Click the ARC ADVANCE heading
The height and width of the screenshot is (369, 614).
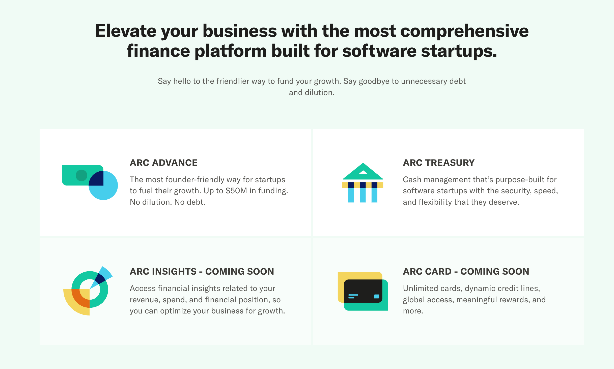pyautogui.click(x=163, y=163)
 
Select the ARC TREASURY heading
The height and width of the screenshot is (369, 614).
pyautogui.click(x=439, y=163)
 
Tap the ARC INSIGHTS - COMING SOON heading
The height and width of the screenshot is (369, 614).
pyautogui.click(x=202, y=272)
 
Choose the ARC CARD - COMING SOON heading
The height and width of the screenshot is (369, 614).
pyautogui.click(x=466, y=272)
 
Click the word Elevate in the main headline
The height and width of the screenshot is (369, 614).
pyautogui.click(x=126, y=31)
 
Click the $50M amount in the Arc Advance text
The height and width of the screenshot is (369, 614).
pyautogui.click(x=236, y=191)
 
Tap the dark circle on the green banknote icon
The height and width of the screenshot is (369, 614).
pyautogui.click(x=81, y=175)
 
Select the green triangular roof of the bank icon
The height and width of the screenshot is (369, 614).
pyautogui.click(x=363, y=173)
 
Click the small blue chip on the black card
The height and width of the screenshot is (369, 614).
pyautogui.click(x=377, y=296)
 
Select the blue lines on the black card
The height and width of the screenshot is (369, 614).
pyautogui.click(x=353, y=296)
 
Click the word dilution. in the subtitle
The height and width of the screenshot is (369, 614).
pyautogui.click(x=320, y=93)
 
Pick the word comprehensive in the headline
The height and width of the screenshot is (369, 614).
pyautogui.click(x=464, y=31)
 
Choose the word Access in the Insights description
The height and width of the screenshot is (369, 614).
pyautogui.click(x=142, y=288)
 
